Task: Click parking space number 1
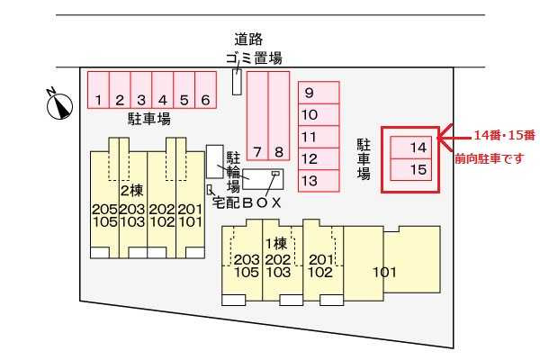[x=98, y=90]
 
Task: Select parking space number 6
[x=205, y=90]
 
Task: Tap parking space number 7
[x=257, y=116]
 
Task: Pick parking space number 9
[x=319, y=93]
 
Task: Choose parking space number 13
[x=319, y=181]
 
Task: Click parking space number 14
[x=411, y=148]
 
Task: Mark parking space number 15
[x=411, y=169]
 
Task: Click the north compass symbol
[x=59, y=104]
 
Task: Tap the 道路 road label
[x=248, y=39]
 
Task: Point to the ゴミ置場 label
[x=254, y=58]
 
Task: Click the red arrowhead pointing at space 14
[x=445, y=138]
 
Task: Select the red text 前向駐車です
[x=490, y=158]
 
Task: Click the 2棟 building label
[x=132, y=191]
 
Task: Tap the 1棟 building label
[x=276, y=244]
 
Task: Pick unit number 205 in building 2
[x=104, y=209]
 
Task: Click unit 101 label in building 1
[x=384, y=272]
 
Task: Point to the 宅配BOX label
[x=247, y=202]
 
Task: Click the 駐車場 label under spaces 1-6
[x=149, y=119]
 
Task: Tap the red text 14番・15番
[x=505, y=135]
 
